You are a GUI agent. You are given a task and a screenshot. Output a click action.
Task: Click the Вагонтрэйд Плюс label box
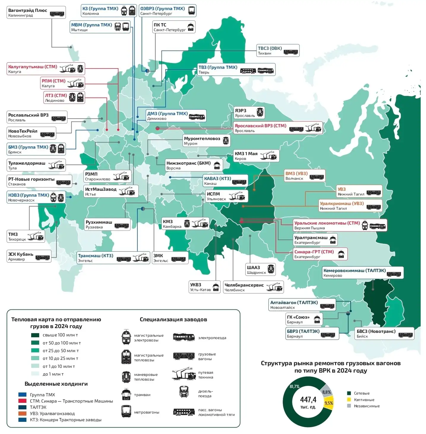tap(36, 13)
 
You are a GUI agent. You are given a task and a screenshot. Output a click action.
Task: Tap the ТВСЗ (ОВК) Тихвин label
tap(278, 50)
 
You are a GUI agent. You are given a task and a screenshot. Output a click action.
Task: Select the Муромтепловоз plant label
tap(206, 141)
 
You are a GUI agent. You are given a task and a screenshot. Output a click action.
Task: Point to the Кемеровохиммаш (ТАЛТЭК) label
tap(363, 273)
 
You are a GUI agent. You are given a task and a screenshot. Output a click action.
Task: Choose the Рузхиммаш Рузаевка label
tap(107, 224)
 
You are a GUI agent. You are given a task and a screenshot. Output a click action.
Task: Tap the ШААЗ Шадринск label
tap(260, 270)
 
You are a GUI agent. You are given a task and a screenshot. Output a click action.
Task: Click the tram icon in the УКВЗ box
tap(216, 287)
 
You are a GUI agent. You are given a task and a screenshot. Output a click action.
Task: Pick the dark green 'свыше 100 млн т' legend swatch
tap(35, 335)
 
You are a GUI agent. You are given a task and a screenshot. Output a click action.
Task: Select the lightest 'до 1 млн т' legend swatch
tap(35, 374)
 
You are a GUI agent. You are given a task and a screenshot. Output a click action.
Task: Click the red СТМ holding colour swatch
tap(22, 401)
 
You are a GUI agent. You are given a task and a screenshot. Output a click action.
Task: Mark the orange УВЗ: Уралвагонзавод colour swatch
tap(22, 414)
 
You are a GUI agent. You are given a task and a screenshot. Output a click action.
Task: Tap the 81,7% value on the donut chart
tap(294, 387)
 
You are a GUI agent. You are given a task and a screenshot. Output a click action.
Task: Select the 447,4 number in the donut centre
tap(308, 400)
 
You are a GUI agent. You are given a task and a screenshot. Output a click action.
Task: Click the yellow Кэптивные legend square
tap(349, 400)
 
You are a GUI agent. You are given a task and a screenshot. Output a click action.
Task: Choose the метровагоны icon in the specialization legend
tap(126, 411)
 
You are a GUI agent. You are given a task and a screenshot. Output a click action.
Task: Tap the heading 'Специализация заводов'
tap(173, 319)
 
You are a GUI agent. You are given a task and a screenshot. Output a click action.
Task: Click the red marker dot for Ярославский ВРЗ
tap(158, 128)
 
